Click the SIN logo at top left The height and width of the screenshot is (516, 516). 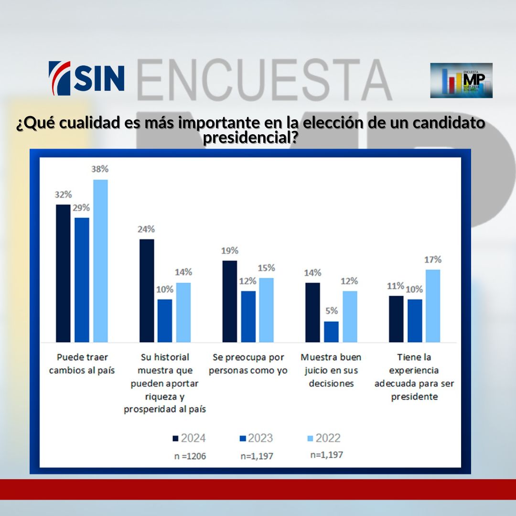[86, 78]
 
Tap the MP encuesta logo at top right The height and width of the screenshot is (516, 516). [461, 80]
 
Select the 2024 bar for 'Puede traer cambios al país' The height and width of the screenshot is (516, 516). [63, 273]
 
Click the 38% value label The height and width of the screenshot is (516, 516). [100, 169]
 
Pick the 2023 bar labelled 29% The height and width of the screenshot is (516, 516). [82, 280]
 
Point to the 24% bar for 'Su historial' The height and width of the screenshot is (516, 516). [147, 290]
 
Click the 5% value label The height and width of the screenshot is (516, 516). [332, 311]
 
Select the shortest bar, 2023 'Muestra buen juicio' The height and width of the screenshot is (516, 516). [331, 332]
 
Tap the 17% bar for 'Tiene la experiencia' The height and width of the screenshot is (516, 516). [433, 306]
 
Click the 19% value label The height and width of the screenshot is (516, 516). [229, 251]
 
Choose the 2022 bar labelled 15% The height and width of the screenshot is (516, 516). [266, 310]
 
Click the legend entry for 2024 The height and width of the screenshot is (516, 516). [189, 438]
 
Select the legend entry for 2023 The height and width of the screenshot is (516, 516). [256, 438]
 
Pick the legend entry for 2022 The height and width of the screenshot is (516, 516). [323, 438]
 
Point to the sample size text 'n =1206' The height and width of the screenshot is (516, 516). [190, 456]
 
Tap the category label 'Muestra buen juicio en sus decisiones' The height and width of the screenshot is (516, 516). [331, 370]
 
